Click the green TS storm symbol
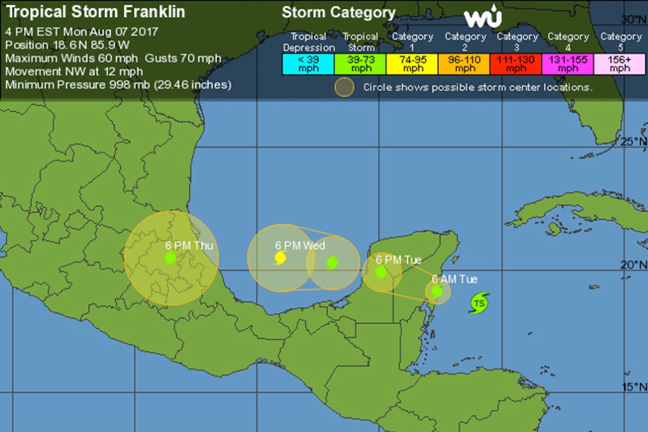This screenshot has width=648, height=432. pos(479,303)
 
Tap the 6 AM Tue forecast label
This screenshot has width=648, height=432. pos(454,279)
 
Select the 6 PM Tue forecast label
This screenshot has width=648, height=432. pos(398,260)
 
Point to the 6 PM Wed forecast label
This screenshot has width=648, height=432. pos(300,245)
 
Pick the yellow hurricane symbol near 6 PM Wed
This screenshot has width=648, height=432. pos(280,258)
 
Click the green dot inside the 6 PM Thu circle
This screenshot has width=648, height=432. pos(170,257)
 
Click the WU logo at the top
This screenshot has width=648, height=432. pos(483,18)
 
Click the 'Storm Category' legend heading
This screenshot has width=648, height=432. pos(339,13)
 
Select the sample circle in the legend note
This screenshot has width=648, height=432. pos(344,87)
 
